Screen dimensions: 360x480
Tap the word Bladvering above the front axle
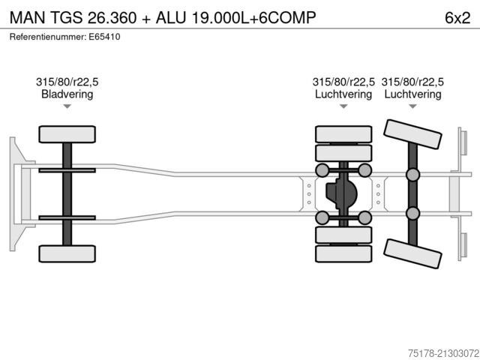(x=67, y=94)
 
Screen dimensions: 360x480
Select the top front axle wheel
(x=67, y=135)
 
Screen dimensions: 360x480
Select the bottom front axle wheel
(x=67, y=253)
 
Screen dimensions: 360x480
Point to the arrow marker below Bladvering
(x=67, y=106)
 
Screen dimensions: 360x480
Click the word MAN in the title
(x=27, y=16)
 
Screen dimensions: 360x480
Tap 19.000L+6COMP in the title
(x=247, y=16)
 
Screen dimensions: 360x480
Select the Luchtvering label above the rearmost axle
(x=412, y=94)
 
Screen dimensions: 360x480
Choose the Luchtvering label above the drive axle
(x=343, y=94)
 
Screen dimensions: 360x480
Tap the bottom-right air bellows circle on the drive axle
(x=364, y=217)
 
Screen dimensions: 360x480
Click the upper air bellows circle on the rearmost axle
(x=412, y=175)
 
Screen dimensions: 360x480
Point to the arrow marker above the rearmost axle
(x=412, y=106)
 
